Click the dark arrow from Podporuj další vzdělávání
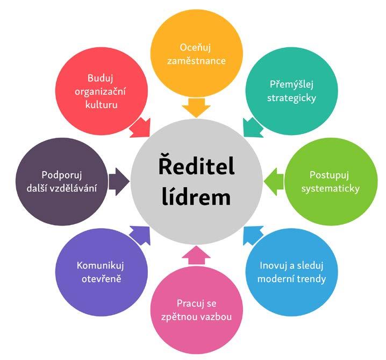[118, 181]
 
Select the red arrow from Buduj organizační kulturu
[141, 127]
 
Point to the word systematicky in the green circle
[330, 188]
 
